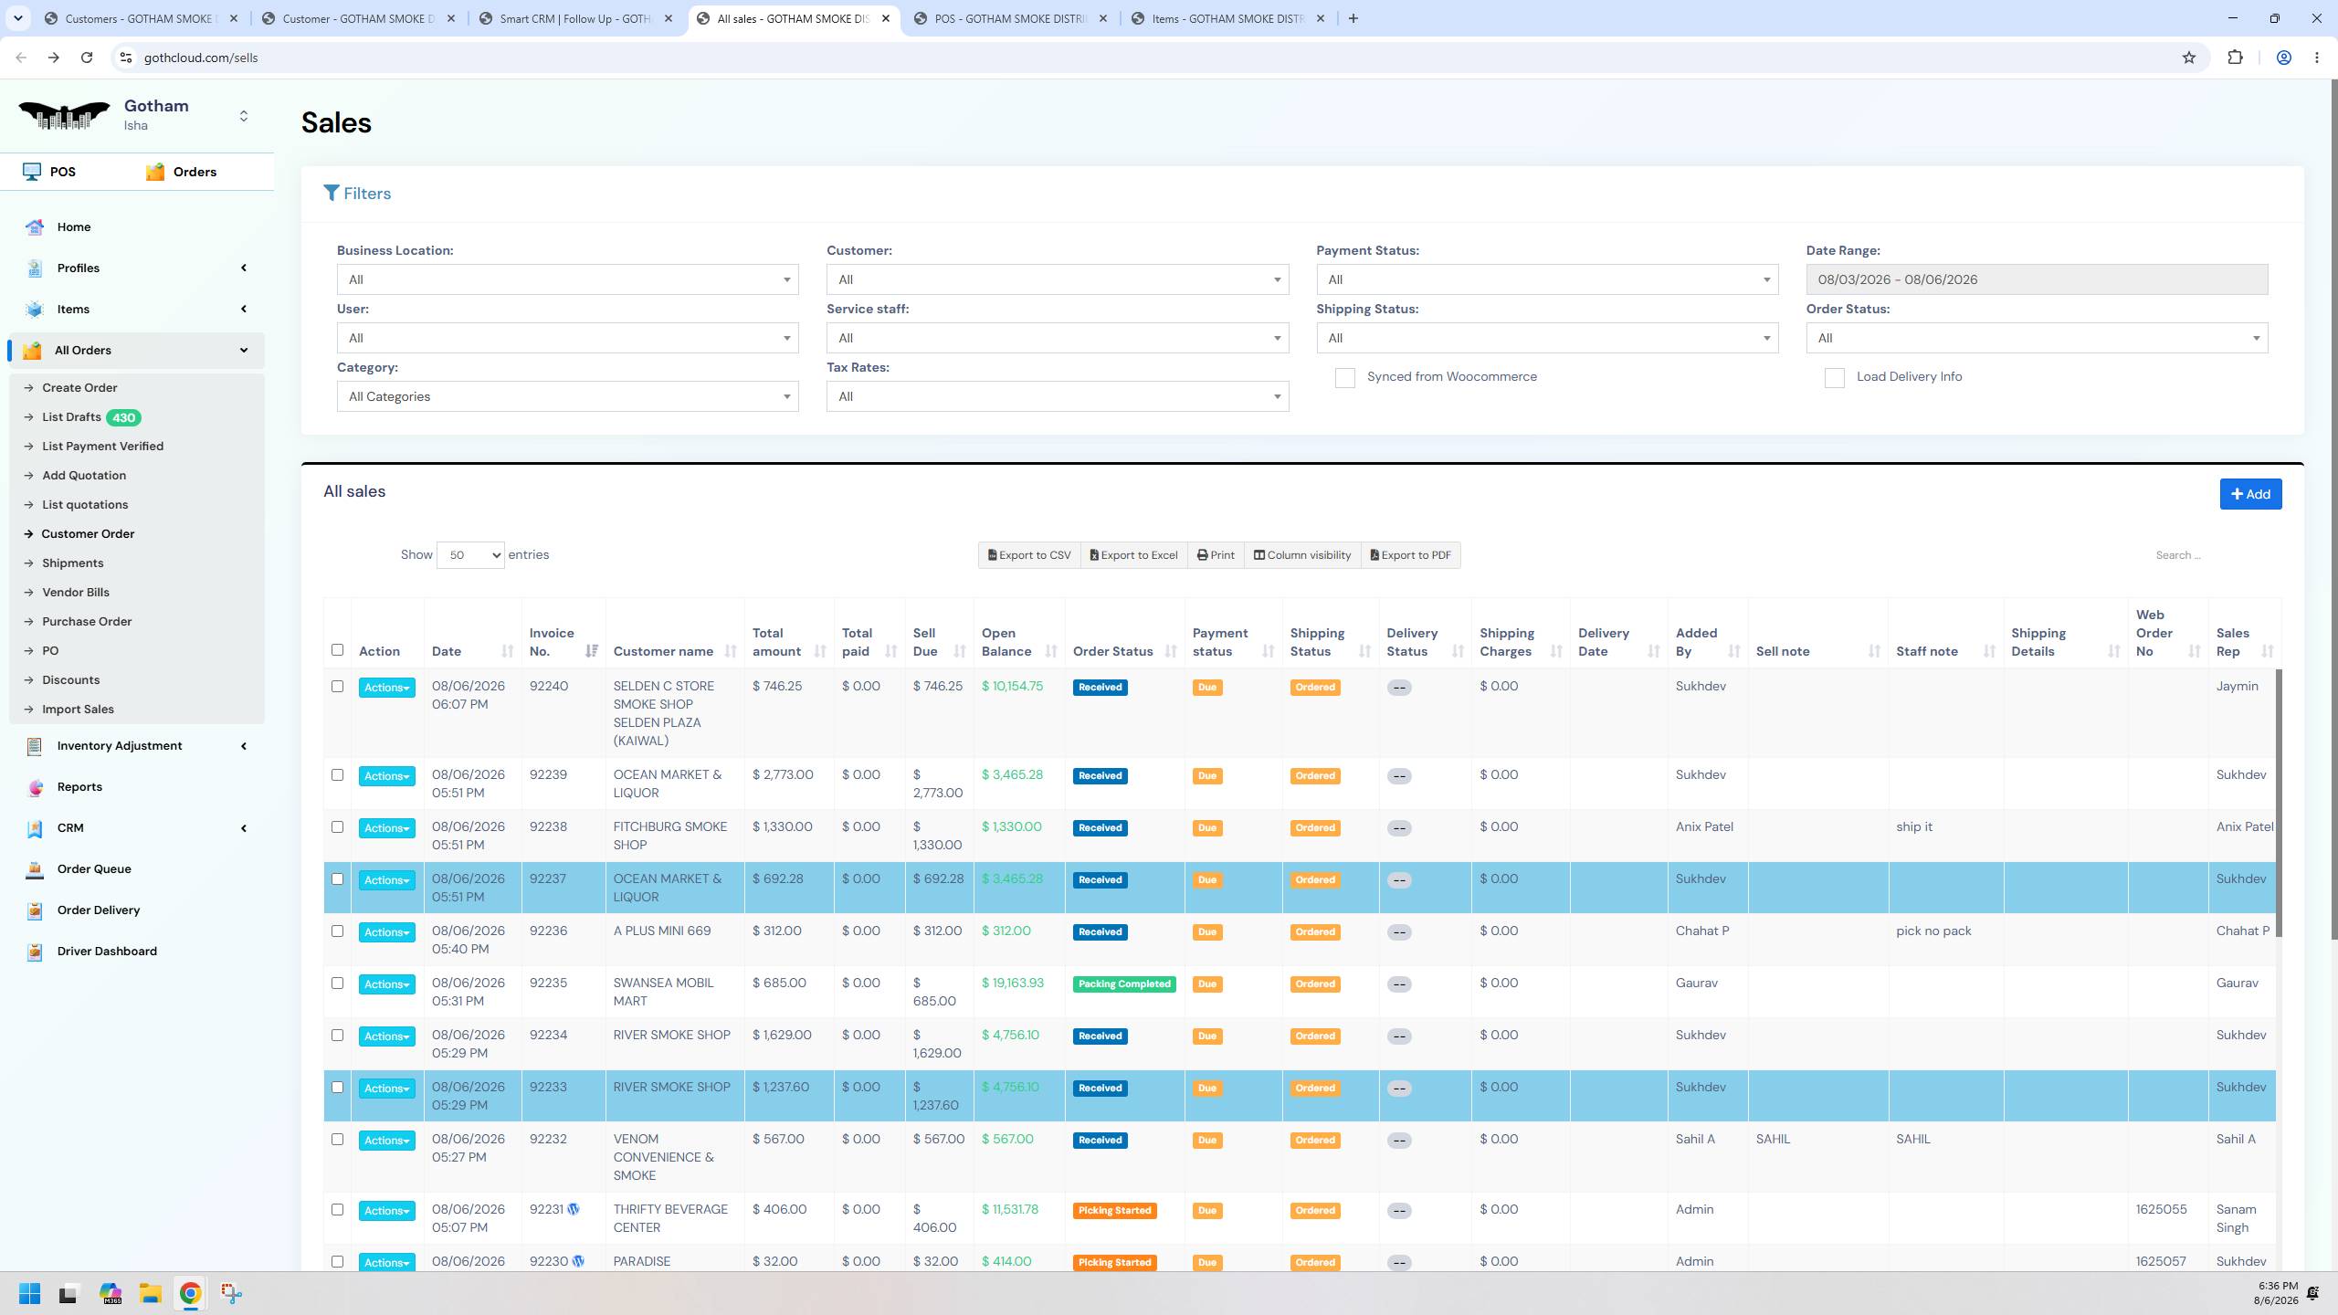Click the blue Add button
click(2250, 494)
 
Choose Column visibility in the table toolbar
click(1301, 555)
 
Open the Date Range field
click(2037, 279)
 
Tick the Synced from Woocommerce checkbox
click(1344, 378)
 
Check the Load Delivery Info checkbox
click(1834, 378)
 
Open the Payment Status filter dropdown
click(1547, 279)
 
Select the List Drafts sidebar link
click(71, 417)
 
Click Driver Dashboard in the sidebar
click(107, 951)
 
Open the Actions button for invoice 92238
click(386, 828)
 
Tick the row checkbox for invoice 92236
click(337, 931)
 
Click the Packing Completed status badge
click(1124, 984)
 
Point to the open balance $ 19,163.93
click(1012, 984)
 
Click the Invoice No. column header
click(552, 642)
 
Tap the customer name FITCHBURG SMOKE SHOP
click(670, 836)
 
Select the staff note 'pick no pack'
click(1933, 931)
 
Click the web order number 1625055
click(2161, 1209)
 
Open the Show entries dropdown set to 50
click(470, 555)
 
